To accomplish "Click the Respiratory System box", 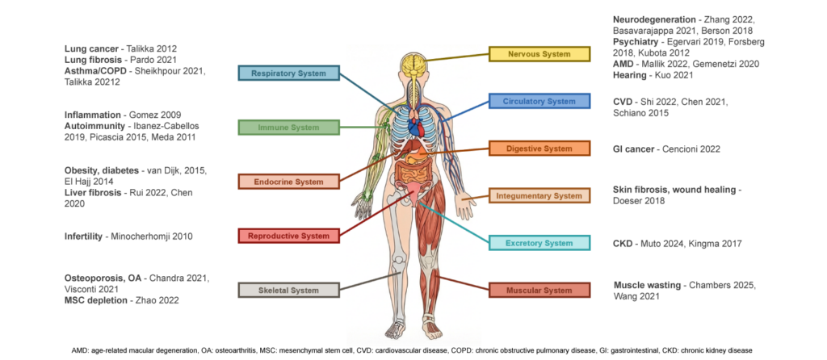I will tap(288, 73).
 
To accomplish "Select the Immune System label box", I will tap(288, 128).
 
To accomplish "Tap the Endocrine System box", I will tap(288, 182).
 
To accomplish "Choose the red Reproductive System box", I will tap(288, 236).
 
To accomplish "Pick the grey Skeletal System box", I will tap(288, 290).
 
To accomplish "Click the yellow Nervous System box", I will tap(539, 54).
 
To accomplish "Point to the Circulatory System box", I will tap(539, 102).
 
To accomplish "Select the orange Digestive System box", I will tap(539, 149).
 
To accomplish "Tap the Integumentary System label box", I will tap(539, 195).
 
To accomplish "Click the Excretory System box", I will tap(539, 243).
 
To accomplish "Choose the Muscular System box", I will tap(539, 290).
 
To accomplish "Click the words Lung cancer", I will tap(90, 48).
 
